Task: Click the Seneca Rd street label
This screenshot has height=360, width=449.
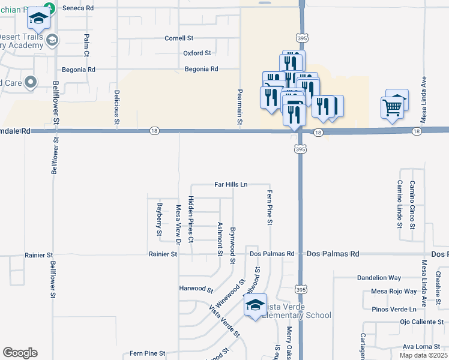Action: tap(81, 8)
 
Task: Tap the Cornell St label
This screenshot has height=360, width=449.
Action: tap(178, 38)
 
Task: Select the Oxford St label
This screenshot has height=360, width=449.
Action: tap(197, 53)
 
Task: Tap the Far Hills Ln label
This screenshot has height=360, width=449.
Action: tap(231, 184)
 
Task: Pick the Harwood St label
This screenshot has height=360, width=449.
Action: tap(196, 289)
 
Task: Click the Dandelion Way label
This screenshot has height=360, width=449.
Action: tap(378, 278)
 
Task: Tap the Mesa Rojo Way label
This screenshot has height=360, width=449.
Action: tap(394, 292)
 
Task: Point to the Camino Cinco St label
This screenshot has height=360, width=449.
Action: tap(412, 205)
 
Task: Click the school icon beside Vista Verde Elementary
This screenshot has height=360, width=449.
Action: tap(255, 305)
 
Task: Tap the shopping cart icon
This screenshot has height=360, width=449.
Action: tap(391, 107)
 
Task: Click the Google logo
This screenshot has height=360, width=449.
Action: tap(20, 353)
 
